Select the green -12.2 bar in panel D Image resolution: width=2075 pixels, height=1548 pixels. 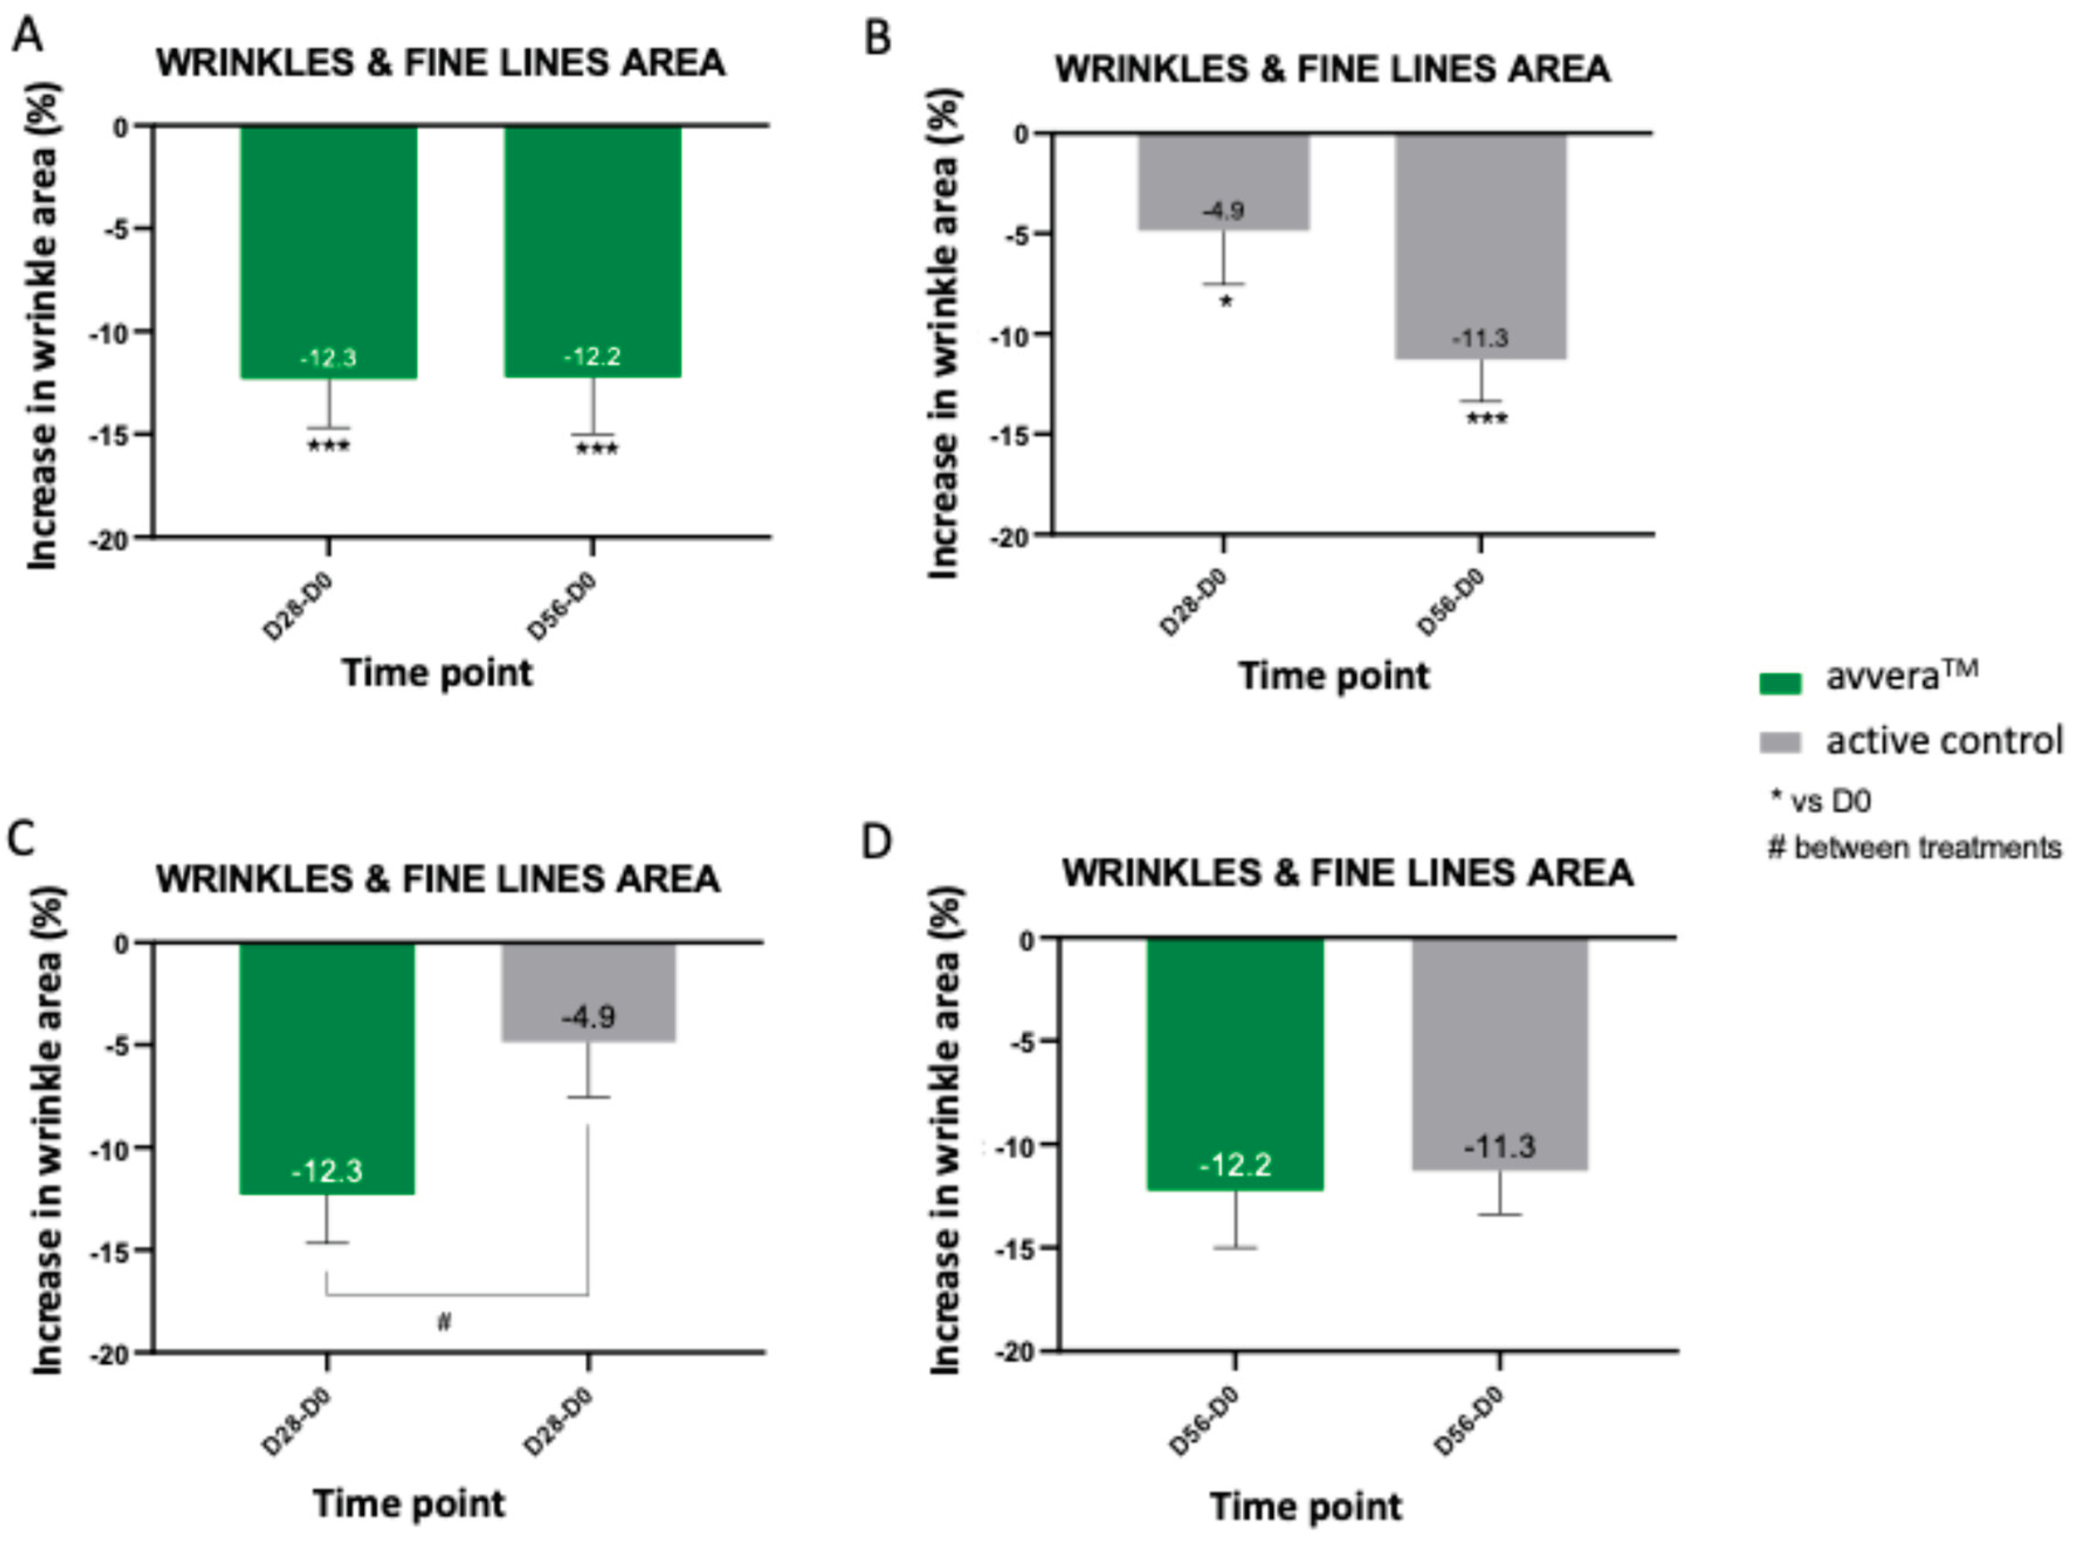pyautogui.click(x=1235, y=1064)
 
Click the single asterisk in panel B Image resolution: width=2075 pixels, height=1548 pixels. pyautogui.click(x=1225, y=302)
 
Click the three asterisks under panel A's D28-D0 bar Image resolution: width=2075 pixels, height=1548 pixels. pyautogui.click(x=329, y=446)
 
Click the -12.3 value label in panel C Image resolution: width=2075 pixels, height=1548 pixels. pyautogui.click(x=327, y=1171)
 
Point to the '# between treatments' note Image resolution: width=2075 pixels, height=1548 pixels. pyautogui.click(x=1914, y=848)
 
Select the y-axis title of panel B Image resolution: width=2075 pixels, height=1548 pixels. pyautogui.click(x=945, y=333)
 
